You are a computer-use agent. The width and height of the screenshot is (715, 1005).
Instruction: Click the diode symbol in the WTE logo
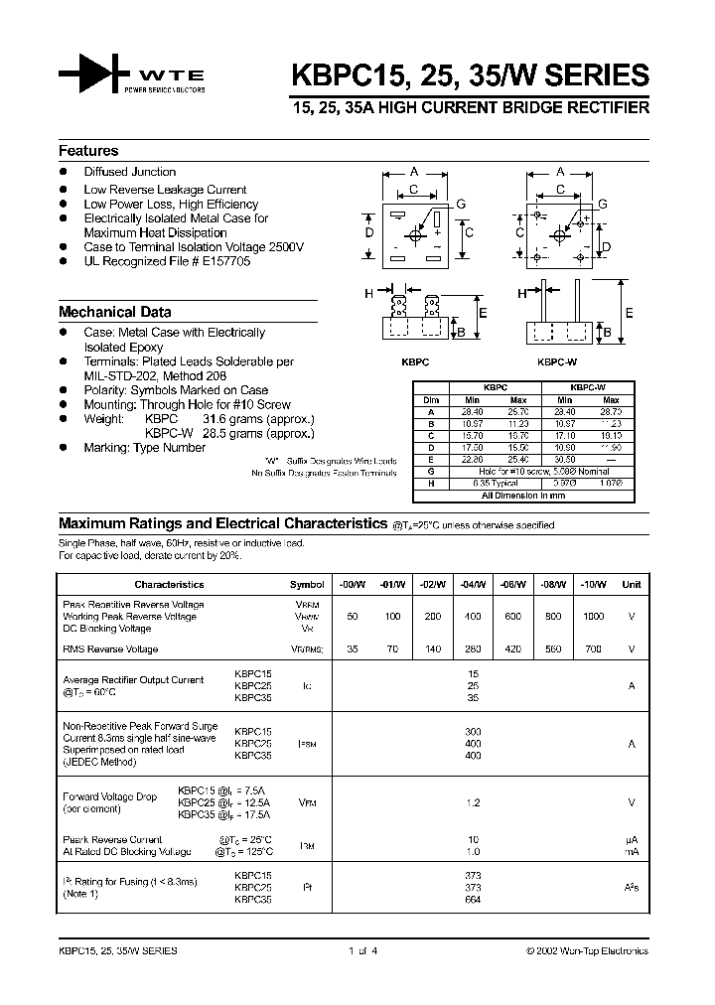95,74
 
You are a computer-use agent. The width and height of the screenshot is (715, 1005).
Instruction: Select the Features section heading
88,151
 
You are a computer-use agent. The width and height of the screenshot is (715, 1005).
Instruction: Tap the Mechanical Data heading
114,311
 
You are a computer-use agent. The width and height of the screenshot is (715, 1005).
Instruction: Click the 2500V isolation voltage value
285,247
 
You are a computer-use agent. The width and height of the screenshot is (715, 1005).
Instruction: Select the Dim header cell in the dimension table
430,400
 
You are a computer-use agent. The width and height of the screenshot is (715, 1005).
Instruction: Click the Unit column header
632,585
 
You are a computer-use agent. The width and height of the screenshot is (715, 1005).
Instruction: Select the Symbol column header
307,585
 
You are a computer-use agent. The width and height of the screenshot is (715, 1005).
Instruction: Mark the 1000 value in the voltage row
593,617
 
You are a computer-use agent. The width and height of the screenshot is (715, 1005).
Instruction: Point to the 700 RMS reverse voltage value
593,649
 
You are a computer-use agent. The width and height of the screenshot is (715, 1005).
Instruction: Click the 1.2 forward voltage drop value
473,801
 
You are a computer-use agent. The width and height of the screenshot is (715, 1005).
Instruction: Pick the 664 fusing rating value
473,900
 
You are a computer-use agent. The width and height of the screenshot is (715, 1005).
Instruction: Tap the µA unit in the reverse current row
631,840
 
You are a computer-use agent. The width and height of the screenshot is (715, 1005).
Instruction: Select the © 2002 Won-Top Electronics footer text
586,950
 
